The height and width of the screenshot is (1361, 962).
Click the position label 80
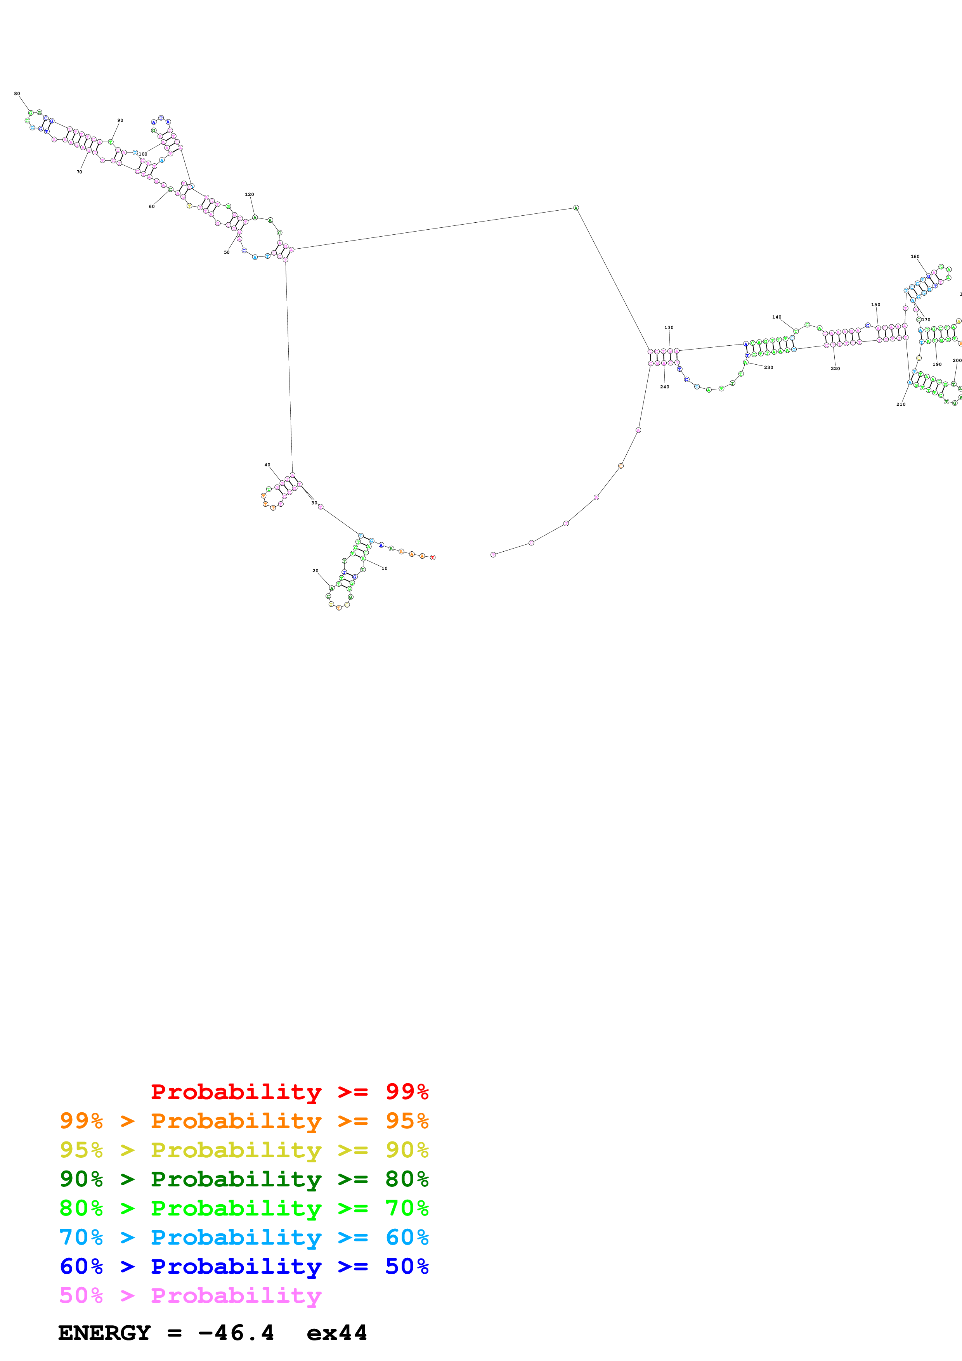click(17, 94)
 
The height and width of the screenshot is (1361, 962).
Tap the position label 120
click(250, 194)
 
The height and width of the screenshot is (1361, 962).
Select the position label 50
click(226, 253)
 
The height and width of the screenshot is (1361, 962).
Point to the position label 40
click(267, 465)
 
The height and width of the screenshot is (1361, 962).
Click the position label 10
click(384, 568)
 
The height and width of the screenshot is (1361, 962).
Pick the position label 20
click(315, 571)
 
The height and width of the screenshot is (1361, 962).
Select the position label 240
click(664, 387)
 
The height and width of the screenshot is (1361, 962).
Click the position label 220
click(835, 369)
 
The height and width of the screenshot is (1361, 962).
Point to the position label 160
click(915, 257)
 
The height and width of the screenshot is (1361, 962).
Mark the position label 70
click(80, 172)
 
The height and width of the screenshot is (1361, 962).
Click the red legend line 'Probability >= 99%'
click(289, 1092)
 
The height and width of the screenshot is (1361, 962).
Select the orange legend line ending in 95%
click(244, 1121)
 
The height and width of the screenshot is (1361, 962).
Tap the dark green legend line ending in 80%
click(244, 1179)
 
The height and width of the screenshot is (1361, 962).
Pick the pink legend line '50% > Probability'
click(190, 1295)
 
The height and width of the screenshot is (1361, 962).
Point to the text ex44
click(337, 1333)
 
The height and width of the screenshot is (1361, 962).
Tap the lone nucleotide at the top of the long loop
click(575, 208)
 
